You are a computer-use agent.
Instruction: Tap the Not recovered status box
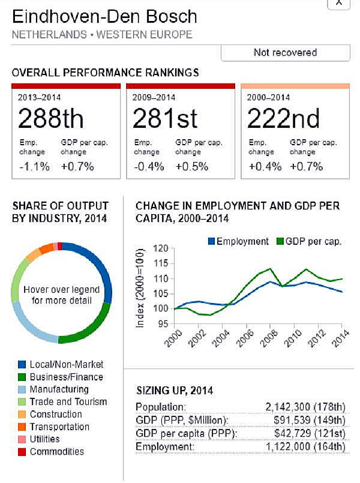click(x=285, y=53)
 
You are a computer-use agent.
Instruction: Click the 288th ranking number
click(x=51, y=118)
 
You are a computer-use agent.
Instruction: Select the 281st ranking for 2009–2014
click(x=165, y=118)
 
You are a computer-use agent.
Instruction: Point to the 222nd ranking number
click(x=283, y=118)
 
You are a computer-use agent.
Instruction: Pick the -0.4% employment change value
click(x=148, y=167)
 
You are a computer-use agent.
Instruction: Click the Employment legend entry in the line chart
click(x=238, y=241)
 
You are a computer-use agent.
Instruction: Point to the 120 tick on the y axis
click(x=160, y=248)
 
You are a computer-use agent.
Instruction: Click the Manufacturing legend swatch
click(x=22, y=389)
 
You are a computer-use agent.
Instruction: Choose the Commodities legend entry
click(x=57, y=451)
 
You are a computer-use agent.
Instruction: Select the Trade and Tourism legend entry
click(x=68, y=402)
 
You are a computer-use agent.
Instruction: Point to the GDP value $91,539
click(x=298, y=421)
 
